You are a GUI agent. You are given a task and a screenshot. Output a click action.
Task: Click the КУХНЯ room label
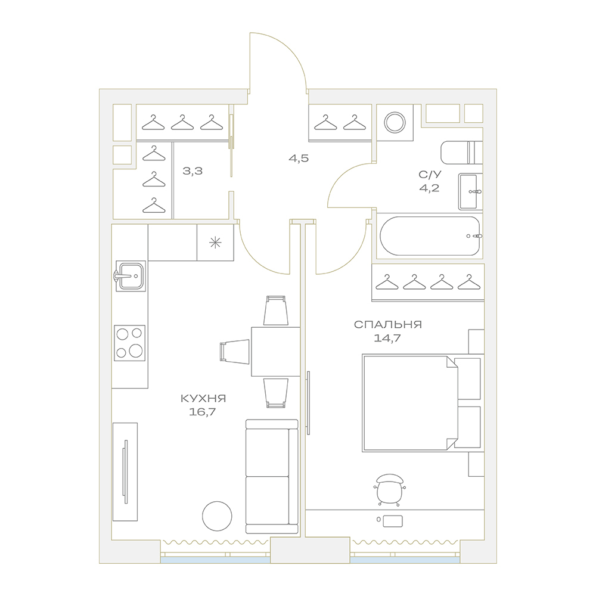pos(203,398)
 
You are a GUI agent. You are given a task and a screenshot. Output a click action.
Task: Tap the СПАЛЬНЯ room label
pos(388,325)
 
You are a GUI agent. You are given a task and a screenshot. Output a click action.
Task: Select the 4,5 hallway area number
pos(299,159)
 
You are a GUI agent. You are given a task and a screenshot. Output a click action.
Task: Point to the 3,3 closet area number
pos(193,171)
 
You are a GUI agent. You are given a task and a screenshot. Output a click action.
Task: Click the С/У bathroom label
pos(430,175)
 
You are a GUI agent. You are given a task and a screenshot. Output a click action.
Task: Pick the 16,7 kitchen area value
pos(202,412)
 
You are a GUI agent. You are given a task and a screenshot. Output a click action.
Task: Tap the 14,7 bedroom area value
pos(387,338)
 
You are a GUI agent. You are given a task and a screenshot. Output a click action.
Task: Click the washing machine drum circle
pos(395,123)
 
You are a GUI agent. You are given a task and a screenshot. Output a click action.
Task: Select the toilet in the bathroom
pos(461,153)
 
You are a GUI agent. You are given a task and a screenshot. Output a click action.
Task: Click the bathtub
pos(430,236)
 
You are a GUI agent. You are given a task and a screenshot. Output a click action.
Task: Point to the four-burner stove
pos(129,343)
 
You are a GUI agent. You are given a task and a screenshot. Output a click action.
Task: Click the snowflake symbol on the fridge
pos(215,242)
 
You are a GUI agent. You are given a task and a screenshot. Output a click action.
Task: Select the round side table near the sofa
pos(217,516)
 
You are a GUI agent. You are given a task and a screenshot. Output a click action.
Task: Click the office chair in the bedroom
pos(390,489)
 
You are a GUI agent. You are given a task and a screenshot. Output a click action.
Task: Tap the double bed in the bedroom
pos(411,403)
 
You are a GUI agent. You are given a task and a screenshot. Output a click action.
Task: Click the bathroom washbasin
pos(470,191)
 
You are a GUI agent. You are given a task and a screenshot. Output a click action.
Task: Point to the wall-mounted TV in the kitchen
pos(125,471)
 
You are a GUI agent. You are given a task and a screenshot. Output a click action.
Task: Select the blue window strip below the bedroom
pos(405,560)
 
